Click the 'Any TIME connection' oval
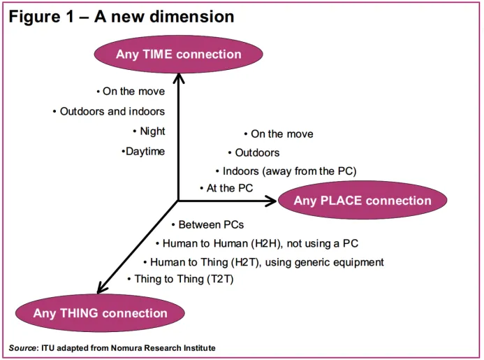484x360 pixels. [178, 55]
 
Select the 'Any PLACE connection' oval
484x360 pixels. [362, 201]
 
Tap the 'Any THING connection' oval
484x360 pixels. [100, 314]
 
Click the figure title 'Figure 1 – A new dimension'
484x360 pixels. [121, 16]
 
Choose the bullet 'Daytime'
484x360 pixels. [145, 152]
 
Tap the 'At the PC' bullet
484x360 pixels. [230, 189]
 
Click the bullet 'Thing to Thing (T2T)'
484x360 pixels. [183, 279]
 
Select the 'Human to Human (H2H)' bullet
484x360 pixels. [260, 244]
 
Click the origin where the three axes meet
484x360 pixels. [178, 201]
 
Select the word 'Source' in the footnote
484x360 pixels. [23, 348]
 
